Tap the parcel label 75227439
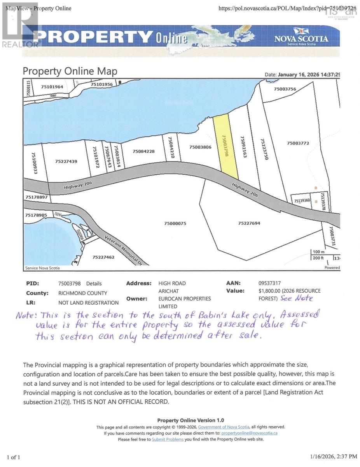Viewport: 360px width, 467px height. (66, 161)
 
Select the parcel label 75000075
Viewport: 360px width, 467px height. (175, 223)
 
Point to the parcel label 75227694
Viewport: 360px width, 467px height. (249, 223)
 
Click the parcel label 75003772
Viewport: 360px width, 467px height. (298, 143)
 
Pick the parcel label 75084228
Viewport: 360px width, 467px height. (144, 151)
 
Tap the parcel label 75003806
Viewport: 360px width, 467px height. (200, 147)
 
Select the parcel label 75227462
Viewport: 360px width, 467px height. (104, 257)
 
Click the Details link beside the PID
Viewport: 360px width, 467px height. (94, 284)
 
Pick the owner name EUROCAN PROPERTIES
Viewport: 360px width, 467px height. (184, 299)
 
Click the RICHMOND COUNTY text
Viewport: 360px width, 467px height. (82, 293)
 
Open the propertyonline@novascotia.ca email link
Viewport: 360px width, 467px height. (249, 433)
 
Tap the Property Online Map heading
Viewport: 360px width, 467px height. (70, 71)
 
